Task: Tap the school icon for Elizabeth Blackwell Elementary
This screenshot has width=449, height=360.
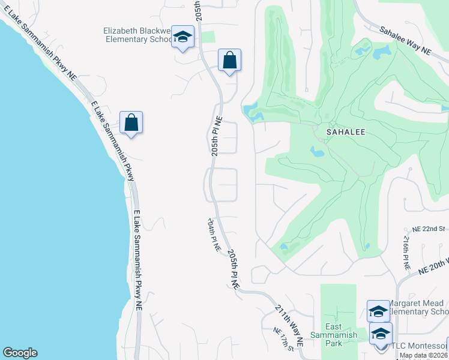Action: [182, 38]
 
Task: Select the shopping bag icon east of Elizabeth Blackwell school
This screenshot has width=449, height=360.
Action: [229, 61]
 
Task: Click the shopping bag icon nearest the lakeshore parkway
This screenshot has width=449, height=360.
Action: [131, 123]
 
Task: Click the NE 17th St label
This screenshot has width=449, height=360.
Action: [285, 340]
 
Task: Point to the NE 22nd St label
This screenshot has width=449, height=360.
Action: [428, 229]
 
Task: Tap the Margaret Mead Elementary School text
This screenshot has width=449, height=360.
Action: [418, 308]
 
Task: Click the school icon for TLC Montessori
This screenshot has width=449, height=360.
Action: [381, 334]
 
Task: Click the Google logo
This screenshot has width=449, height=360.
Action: [20, 353]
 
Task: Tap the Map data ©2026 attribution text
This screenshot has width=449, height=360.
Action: [423, 355]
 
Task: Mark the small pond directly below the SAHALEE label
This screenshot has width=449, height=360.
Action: [318, 151]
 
